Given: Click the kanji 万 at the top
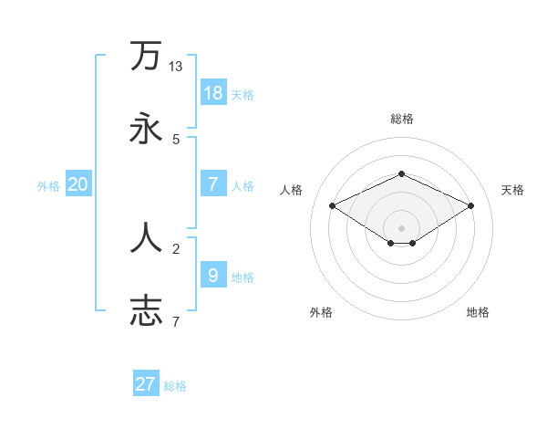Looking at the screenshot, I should coord(146,56).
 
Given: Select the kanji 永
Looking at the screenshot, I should coord(146,129).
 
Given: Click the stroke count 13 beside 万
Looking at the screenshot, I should coord(176,67).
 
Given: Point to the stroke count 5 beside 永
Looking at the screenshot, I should coord(176,140).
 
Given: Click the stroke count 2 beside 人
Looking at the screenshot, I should coord(176,248).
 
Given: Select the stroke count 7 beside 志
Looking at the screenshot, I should coord(176,321).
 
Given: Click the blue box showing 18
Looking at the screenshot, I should coord(213,93).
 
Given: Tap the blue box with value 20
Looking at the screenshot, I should coord(77,184).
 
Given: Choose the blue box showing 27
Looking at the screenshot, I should coord(146,384).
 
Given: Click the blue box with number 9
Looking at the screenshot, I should coord(213,275).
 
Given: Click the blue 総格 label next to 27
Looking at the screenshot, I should coord(175,386).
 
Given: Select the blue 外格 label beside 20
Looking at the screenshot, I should coord(48,186).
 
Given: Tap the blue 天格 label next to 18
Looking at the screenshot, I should coord(243,95).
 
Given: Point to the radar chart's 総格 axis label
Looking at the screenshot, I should coord(401,119).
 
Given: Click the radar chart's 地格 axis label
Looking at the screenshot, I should coord(478,312).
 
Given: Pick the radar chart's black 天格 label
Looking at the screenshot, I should coord(512,190).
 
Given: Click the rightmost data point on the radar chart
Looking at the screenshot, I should coord(471,205).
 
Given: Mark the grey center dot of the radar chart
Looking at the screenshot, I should coord(401,228).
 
